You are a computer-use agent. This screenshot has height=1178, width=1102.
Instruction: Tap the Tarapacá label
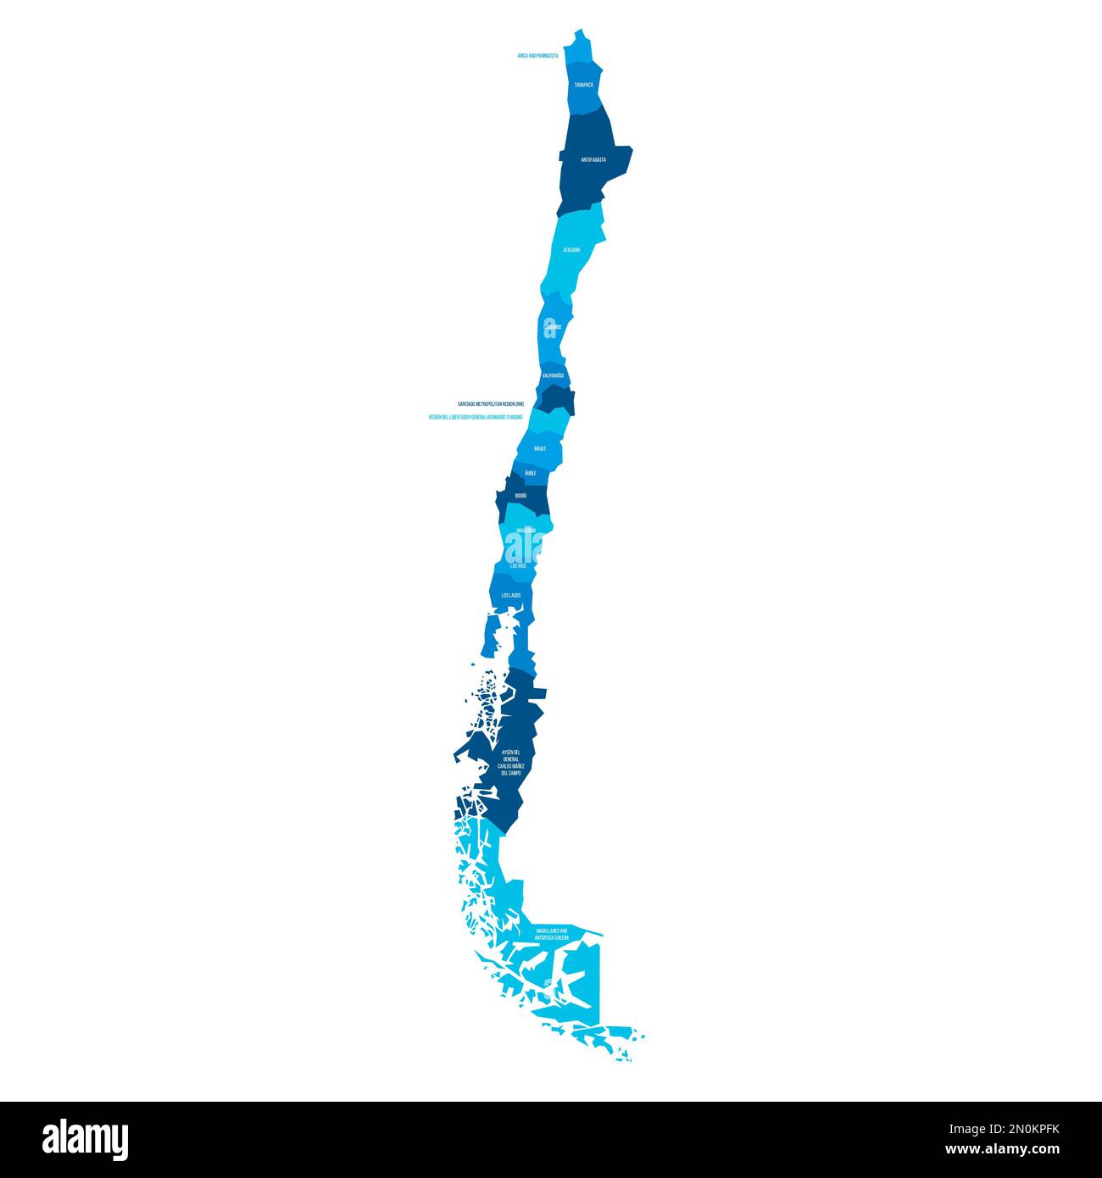583,86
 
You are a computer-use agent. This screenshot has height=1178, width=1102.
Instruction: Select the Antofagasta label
593,159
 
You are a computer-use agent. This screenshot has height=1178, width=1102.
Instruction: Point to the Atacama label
571,250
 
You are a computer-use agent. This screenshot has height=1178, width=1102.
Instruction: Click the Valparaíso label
553,375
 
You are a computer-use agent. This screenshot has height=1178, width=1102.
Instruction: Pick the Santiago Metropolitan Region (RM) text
491,404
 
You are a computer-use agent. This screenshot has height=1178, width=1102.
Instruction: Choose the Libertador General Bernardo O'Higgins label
476,417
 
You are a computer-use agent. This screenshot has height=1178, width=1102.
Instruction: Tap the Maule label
540,448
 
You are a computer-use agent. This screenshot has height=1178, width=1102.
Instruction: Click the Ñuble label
530,472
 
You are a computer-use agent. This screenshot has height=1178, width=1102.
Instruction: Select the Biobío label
520,495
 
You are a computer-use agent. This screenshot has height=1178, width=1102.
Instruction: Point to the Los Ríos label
518,565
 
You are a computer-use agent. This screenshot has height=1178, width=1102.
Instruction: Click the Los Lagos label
511,596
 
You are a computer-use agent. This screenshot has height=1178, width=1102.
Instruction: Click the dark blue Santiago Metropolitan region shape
559,399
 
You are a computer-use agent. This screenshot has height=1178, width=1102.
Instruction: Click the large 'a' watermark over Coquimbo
550,330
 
